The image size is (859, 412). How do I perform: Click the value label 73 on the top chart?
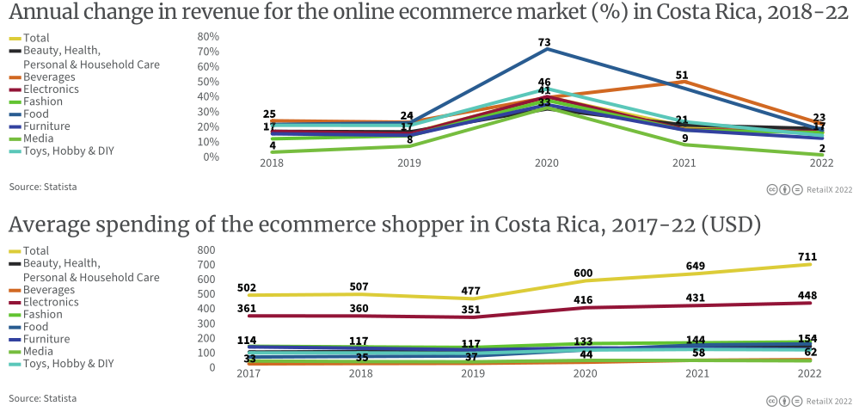click(x=544, y=42)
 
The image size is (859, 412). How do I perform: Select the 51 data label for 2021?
click(x=682, y=76)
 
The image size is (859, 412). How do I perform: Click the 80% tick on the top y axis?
click(x=208, y=37)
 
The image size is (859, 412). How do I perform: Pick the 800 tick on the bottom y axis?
click(x=206, y=249)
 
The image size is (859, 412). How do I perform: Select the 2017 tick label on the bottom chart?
click(x=248, y=374)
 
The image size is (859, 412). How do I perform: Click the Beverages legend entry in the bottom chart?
click(x=48, y=290)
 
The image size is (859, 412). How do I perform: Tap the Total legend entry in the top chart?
click(x=36, y=38)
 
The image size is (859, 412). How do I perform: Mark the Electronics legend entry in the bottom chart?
click(x=51, y=302)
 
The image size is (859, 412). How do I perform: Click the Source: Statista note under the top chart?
click(x=42, y=186)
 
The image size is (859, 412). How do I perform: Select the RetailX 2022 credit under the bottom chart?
click(x=829, y=401)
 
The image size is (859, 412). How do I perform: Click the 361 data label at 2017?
click(x=248, y=307)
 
